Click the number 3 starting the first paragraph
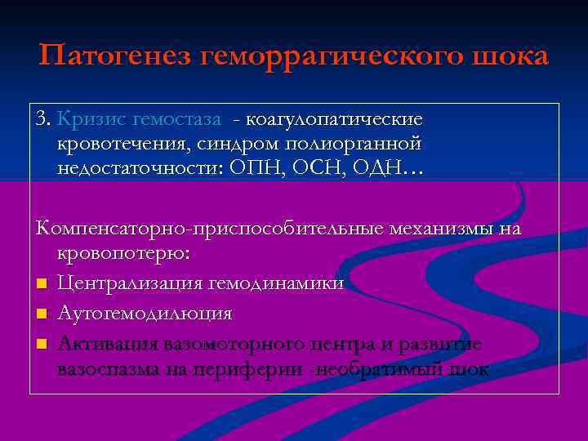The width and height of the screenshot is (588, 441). tap(42, 119)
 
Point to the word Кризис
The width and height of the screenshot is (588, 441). tap(88, 120)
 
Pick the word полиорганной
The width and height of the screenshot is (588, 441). tap(371, 145)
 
